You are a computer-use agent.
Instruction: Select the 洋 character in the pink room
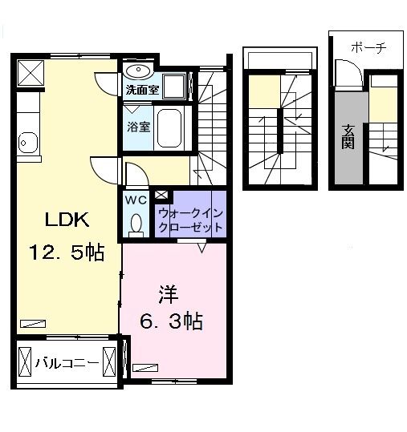168,293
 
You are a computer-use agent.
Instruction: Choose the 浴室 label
137,127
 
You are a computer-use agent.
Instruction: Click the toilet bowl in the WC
135,224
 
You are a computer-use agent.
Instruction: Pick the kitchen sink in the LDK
28,143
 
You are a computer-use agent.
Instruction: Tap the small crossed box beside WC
161,194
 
